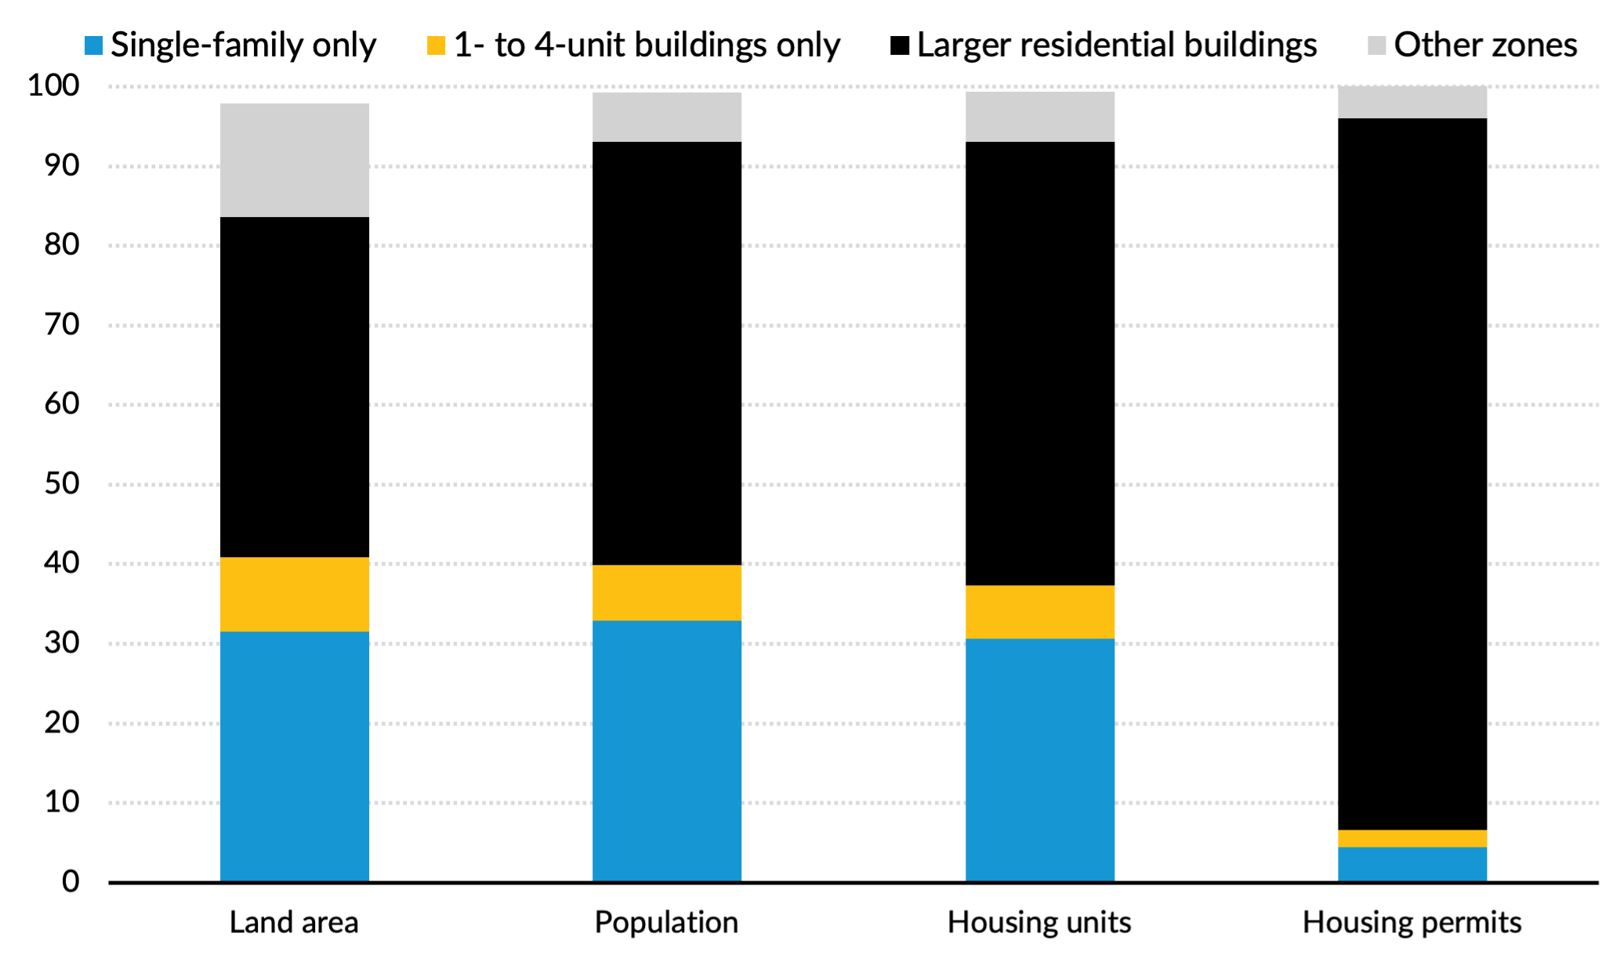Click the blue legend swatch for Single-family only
click(x=93, y=45)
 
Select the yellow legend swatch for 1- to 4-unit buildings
click(x=436, y=45)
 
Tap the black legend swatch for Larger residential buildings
click(x=900, y=45)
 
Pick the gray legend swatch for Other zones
click(x=1377, y=45)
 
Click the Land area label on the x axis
click(x=294, y=922)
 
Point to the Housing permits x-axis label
click(x=1412, y=922)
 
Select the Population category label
click(x=666, y=922)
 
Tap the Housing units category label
click(x=1039, y=922)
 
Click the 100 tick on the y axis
click(x=53, y=85)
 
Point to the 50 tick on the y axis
click(x=61, y=483)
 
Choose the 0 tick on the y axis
click(x=71, y=882)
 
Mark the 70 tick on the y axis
click(x=61, y=324)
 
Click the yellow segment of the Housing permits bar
click(x=1412, y=838)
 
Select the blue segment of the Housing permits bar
click(x=1412, y=864)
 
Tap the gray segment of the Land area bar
click(x=294, y=160)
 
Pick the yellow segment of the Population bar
click(x=666, y=592)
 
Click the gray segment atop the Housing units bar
click(x=1039, y=117)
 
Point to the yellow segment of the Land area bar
click(x=294, y=594)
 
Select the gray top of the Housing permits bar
click(x=1412, y=102)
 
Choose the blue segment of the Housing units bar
click(x=1039, y=760)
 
